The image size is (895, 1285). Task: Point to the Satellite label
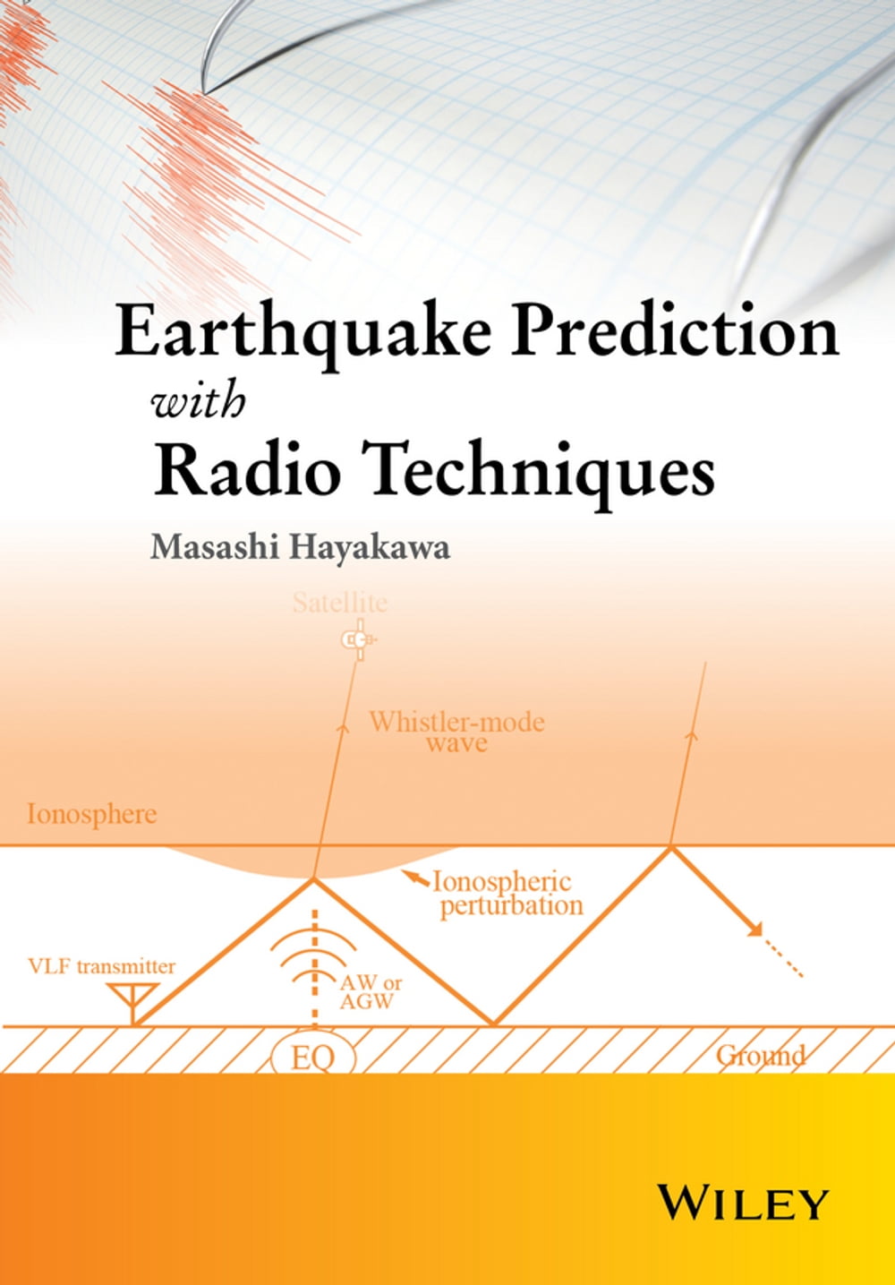coord(340,603)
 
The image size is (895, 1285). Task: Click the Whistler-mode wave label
coord(457,732)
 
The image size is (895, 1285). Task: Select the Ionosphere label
coord(91,815)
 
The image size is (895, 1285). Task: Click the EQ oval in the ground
coord(313,1058)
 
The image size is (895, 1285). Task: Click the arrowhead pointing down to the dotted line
coord(755,929)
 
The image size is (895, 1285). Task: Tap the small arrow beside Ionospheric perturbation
coord(414,878)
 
